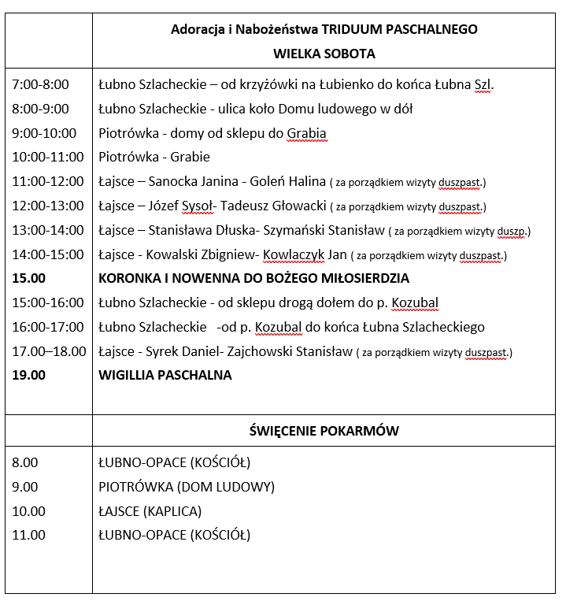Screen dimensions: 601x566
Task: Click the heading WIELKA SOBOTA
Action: point(324,54)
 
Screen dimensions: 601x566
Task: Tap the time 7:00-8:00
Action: point(40,84)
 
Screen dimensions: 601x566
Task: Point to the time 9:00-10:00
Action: point(44,133)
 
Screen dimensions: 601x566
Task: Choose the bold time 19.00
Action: point(29,375)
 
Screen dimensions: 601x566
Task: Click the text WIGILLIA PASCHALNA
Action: point(165,375)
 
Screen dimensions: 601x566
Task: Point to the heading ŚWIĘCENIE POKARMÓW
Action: point(324,431)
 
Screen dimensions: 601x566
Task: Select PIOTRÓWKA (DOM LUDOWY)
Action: point(187,487)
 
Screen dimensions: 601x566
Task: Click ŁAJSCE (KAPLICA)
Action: point(150,511)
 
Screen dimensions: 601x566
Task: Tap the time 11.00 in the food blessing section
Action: point(29,536)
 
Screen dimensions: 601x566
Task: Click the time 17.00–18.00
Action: point(49,351)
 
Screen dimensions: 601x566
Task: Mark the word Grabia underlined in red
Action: point(306,133)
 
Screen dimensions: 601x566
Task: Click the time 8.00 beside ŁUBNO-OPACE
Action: point(25,462)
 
